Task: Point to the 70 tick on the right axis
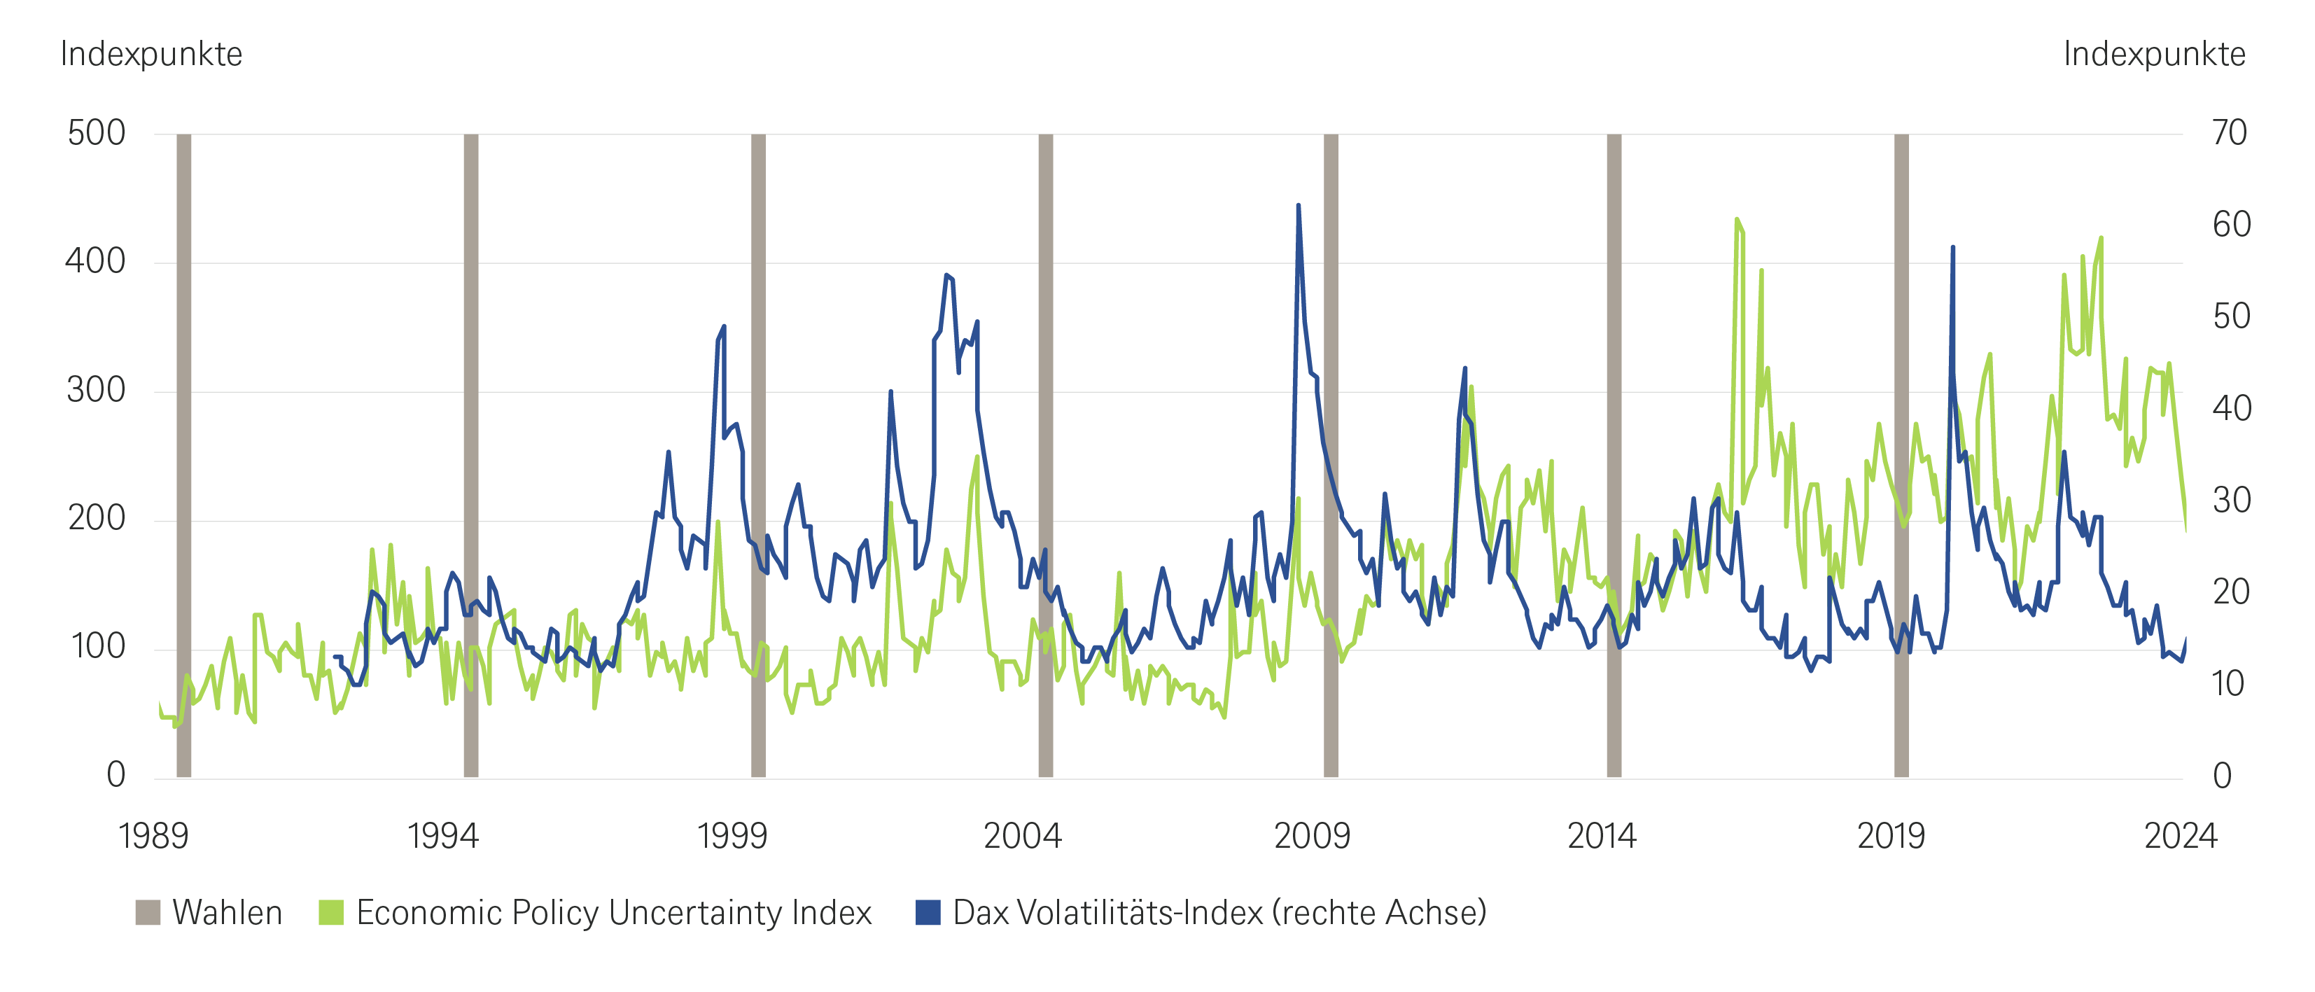pos(2230,134)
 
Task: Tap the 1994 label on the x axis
pos(443,837)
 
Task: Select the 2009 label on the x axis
pos(1312,837)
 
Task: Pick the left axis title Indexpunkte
pos(151,55)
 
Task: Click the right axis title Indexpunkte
pos(2154,55)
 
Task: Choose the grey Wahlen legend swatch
pos(148,913)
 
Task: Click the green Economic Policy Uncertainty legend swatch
pos(332,913)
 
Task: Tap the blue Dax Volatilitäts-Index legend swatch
pos(928,913)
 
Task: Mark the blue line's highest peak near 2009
pos(1298,206)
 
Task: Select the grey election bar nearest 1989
pos(184,456)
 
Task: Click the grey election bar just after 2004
pos(1045,456)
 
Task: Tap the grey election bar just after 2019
pos(1901,456)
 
